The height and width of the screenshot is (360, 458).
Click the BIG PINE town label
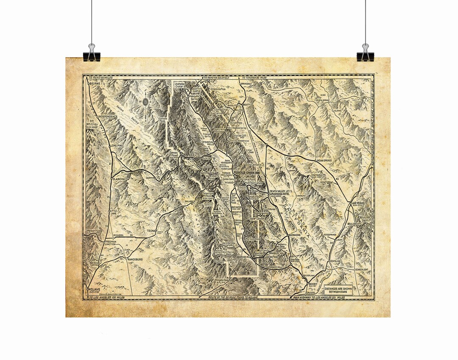tap(94, 84)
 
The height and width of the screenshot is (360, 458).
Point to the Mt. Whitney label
tap(93, 124)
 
